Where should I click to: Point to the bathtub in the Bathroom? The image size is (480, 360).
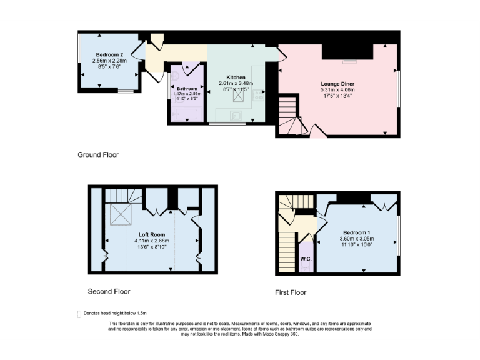[x=186, y=114]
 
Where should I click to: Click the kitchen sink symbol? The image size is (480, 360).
[x=236, y=115]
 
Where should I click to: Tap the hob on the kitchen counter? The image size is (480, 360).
[x=259, y=94]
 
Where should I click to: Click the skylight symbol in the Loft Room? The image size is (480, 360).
[x=119, y=215]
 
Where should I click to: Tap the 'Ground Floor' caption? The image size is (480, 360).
[x=97, y=154]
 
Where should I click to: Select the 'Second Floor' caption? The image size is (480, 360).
[x=109, y=291]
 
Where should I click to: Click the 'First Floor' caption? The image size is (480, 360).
[x=291, y=292]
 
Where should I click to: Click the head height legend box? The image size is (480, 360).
[x=79, y=314]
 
